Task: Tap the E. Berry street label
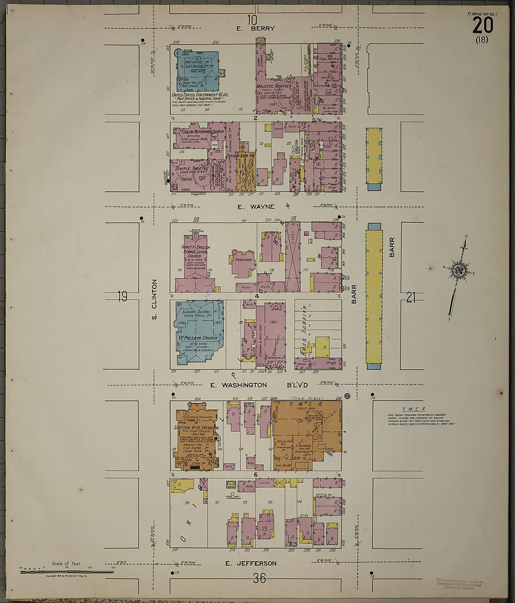click(x=255, y=29)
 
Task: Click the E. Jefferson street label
click(x=250, y=563)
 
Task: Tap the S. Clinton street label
click(x=154, y=300)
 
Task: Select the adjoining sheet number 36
click(x=259, y=578)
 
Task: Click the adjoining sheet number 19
click(x=122, y=296)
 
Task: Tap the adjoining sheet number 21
click(x=411, y=297)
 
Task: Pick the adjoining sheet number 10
click(x=252, y=20)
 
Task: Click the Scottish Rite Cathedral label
click(x=196, y=428)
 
